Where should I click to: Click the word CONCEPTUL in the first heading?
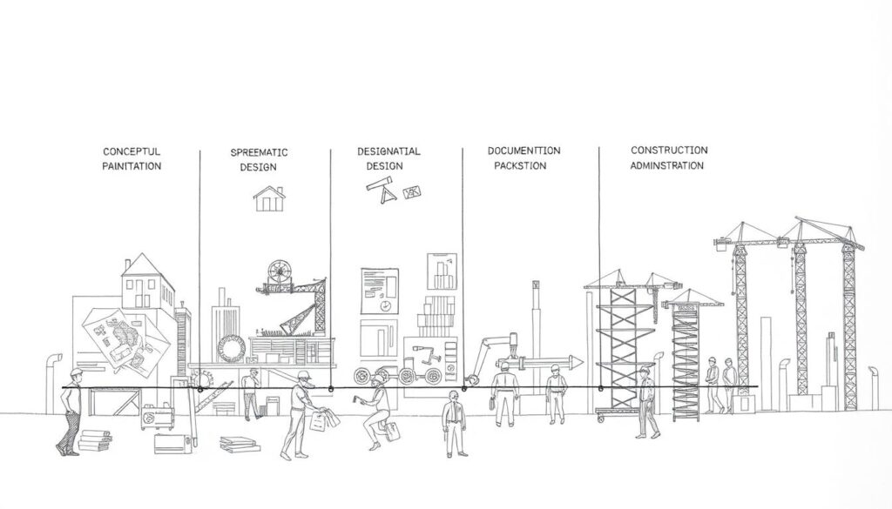[x=132, y=151]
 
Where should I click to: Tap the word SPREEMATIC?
[x=259, y=152]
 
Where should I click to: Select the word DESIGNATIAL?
[x=389, y=151]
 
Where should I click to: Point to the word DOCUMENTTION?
[x=524, y=151]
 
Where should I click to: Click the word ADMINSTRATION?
[x=666, y=165]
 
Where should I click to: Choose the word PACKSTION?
[x=520, y=166]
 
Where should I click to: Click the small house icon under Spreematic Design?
[x=269, y=199]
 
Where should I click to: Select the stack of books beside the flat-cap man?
[x=95, y=441]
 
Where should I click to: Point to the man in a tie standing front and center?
[x=455, y=423]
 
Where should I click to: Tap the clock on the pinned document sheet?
[x=384, y=305]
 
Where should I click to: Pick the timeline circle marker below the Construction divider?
[x=601, y=389]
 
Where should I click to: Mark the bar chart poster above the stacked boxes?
[x=442, y=271]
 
